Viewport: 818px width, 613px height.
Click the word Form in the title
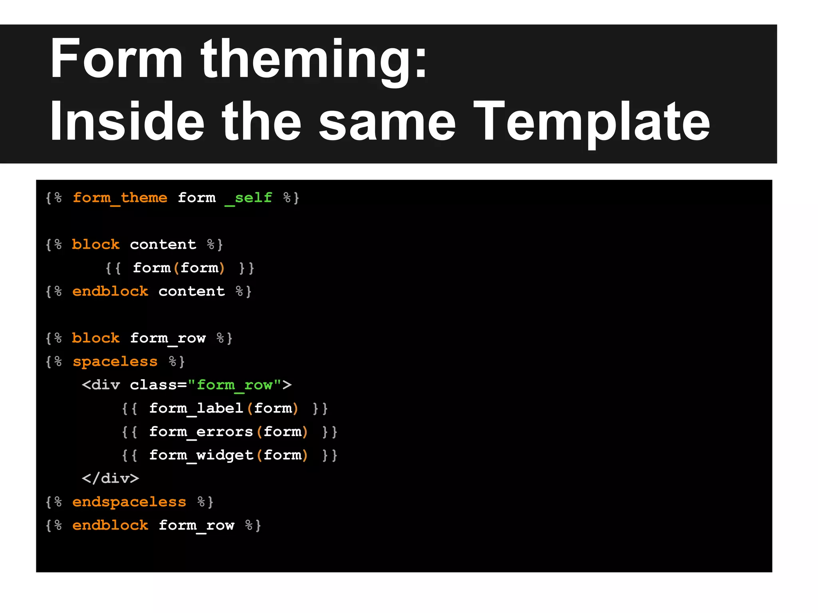click(x=116, y=59)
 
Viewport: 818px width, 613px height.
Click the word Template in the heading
click(x=591, y=123)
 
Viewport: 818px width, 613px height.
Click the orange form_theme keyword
click(x=120, y=198)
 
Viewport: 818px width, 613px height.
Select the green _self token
click(x=248, y=198)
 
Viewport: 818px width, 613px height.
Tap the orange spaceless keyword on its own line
click(x=115, y=362)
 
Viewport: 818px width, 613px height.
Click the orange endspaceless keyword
click(x=129, y=502)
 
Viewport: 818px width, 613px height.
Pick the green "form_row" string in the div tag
click(x=235, y=385)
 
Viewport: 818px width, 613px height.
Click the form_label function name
click(x=196, y=409)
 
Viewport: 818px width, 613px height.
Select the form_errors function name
click(x=201, y=432)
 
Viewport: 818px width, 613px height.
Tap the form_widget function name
click(x=201, y=455)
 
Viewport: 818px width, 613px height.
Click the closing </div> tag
click(x=110, y=479)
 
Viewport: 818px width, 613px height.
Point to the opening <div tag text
click(x=101, y=385)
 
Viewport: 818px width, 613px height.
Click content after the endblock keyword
click(x=192, y=292)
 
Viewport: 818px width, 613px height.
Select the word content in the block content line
click(x=163, y=245)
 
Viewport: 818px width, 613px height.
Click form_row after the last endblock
click(x=197, y=526)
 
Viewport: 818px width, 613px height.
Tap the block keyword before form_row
click(x=96, y=338)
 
